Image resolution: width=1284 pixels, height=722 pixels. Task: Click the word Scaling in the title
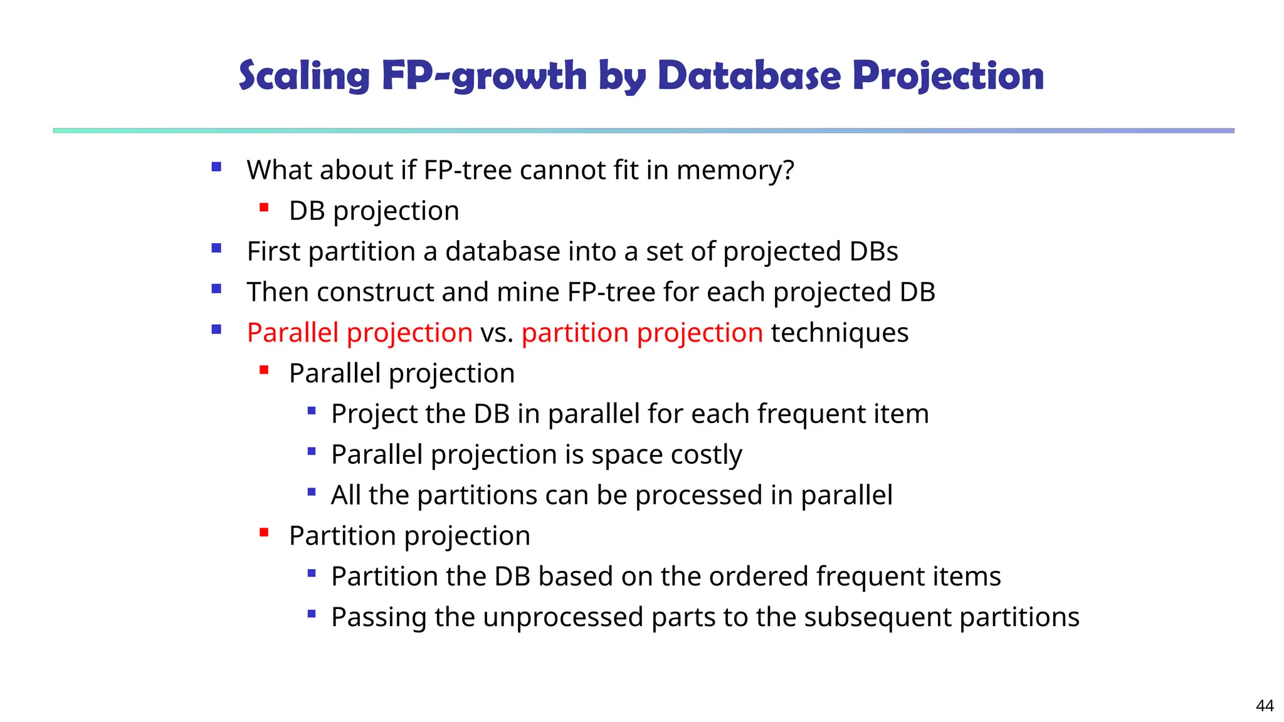click(305, 76)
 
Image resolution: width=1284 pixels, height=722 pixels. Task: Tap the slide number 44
click(1265, 706)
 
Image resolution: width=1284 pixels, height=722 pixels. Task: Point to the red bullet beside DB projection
click(264, 207)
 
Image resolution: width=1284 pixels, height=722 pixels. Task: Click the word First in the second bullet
click(273, 251)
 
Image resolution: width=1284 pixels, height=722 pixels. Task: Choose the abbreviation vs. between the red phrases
click(497, 333)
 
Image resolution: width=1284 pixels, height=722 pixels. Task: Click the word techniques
click(839, 333)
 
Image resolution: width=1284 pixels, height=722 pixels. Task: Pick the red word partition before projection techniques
click(574, 333)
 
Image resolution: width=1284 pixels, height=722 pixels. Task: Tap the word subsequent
click(878, 617)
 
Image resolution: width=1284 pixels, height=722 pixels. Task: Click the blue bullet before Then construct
click(216, 289)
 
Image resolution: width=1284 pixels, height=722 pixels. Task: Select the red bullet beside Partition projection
click(264, 533)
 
